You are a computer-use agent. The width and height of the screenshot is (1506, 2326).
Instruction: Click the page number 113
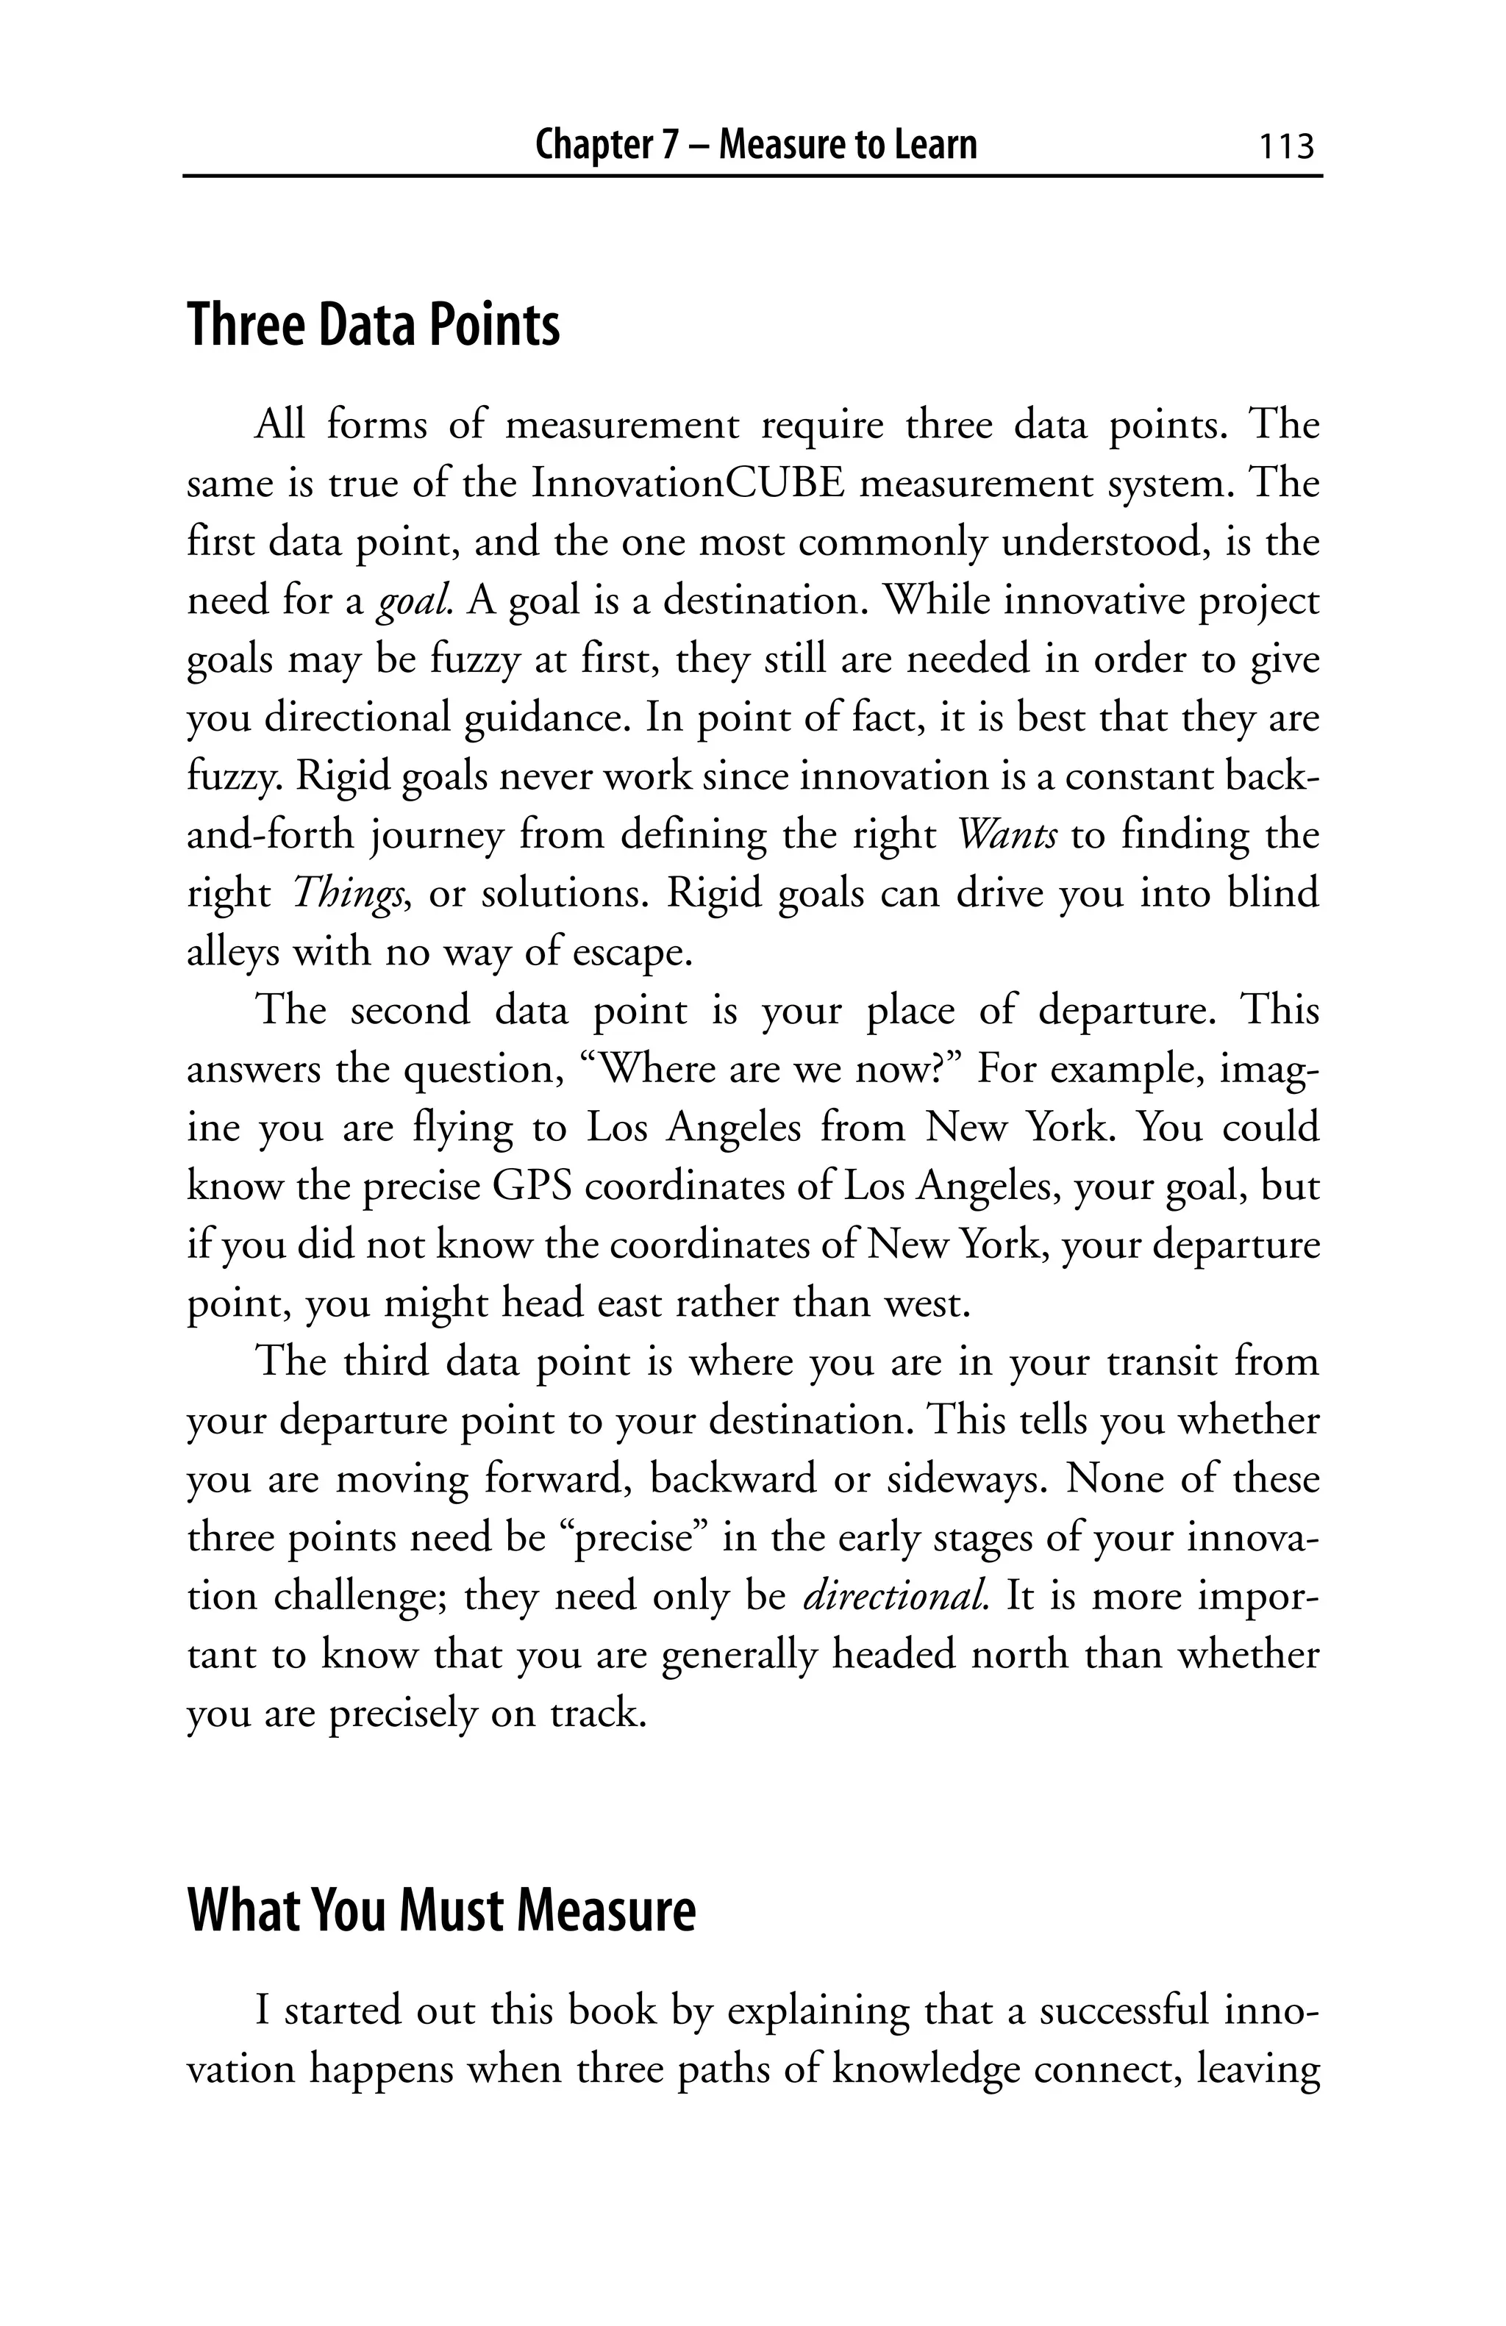(x=1286, y=146)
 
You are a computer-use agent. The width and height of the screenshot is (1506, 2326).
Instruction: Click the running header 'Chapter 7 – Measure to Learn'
(x=755, y=146)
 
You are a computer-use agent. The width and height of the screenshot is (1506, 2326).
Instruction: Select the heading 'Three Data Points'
(x=374, y=326)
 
